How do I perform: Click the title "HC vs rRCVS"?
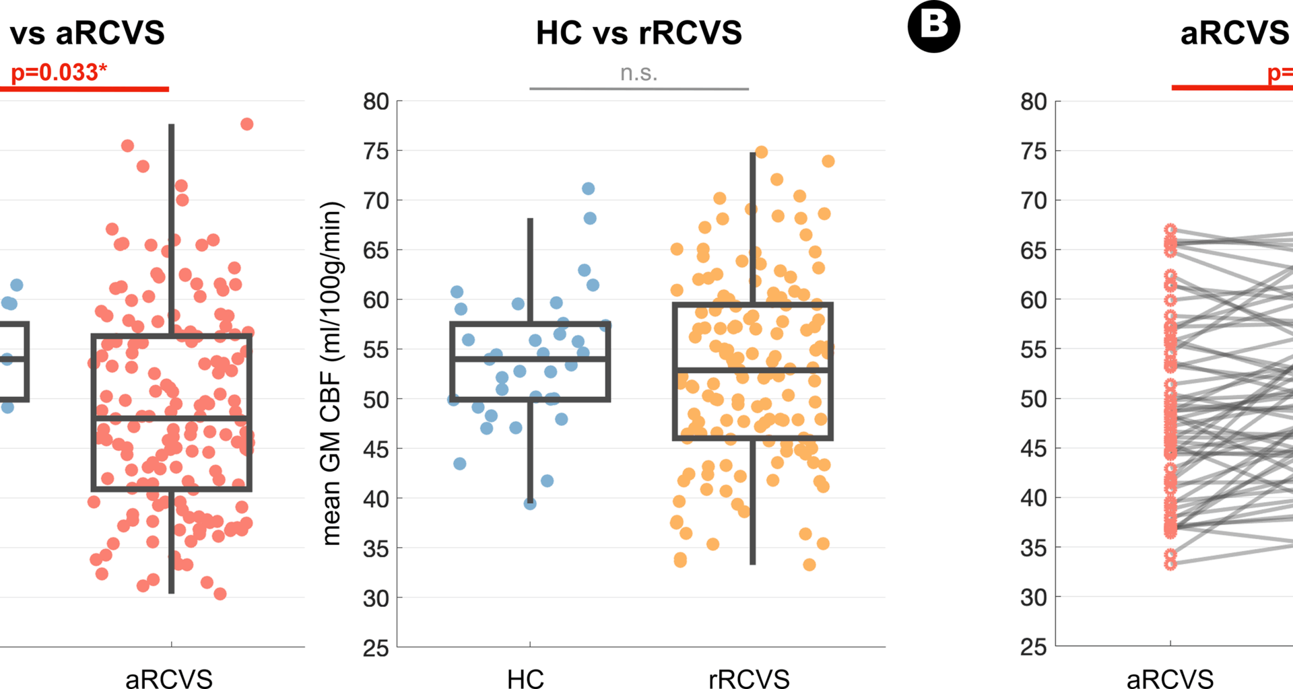coord(638,33)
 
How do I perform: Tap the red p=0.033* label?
coord(59,72)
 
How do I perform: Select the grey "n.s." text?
coord(638,73)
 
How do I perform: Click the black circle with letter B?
coord(933,27)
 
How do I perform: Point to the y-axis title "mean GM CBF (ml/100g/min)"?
coord(332,373)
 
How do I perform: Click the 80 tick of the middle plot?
coord(376,102)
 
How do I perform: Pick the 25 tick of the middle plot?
coord(376,649)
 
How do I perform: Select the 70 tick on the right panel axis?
coord(1033,201)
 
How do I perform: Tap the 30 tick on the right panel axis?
coord(1033,597)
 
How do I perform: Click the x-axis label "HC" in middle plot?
coord(525,678)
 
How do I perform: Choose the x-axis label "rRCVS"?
coord(749,678)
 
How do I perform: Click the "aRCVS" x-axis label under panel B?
coord(1170,678)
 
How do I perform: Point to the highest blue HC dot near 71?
coord(589,188)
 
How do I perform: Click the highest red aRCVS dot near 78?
coord(247,124)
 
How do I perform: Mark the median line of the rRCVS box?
coord(753,370)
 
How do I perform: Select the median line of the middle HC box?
coord(530,359)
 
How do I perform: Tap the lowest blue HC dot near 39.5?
coord(530,503)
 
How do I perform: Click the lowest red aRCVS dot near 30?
coord(220,593)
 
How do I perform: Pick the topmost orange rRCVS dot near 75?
coord(762,152)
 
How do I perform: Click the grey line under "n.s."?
coord(638,88)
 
